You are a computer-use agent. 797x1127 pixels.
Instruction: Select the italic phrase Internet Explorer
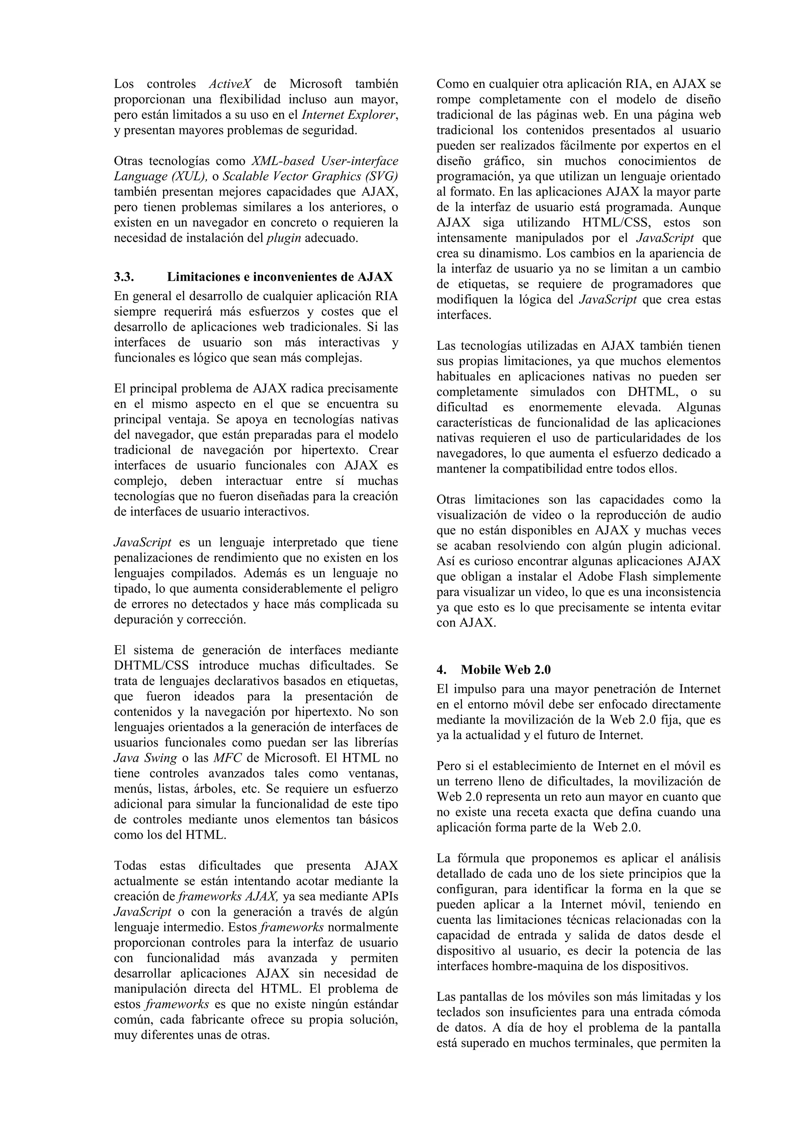[348, 115]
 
